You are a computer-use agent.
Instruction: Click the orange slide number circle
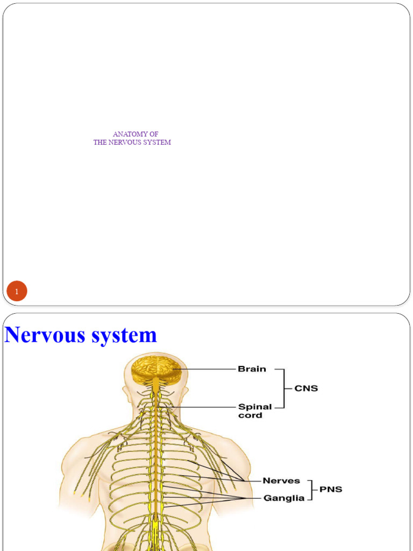click(x=17, y=292)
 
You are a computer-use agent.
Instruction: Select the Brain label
click(x=252, y=369)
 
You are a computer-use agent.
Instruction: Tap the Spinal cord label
click(x=255, y=411)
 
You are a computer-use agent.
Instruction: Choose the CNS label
click(x=306, y=388)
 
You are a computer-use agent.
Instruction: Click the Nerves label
click(x=281, y=481)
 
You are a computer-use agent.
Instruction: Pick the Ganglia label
click(x=283, y=498)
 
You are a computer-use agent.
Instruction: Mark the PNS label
click(x=330, y=489)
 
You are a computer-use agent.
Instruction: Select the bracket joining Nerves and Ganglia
click(x=311, y=489)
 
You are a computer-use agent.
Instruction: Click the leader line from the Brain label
click(x=210, y=369)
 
